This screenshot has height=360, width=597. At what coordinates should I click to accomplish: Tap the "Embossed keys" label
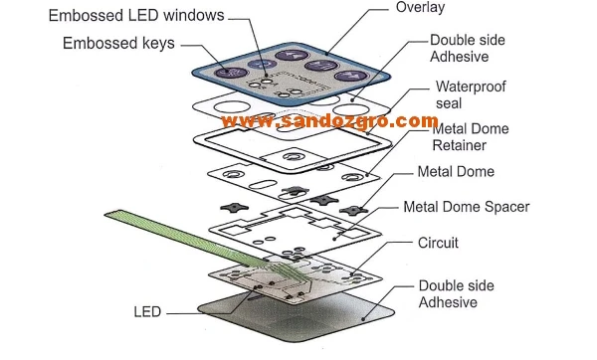tap(117, 43)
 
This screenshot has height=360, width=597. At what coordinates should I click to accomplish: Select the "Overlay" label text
tap(420, 8)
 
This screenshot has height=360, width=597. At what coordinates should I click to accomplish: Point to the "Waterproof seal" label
tap(471, 94)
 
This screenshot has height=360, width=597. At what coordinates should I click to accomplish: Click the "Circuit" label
tap(440, 242)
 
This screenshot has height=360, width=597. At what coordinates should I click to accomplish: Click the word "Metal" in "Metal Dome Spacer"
tap(422, 207)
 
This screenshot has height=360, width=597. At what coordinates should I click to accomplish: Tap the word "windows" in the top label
tap(195, 16)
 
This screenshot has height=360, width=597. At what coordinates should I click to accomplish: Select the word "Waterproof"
tap(471, 87)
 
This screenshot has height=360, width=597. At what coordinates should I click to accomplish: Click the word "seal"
tap(449, 103)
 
